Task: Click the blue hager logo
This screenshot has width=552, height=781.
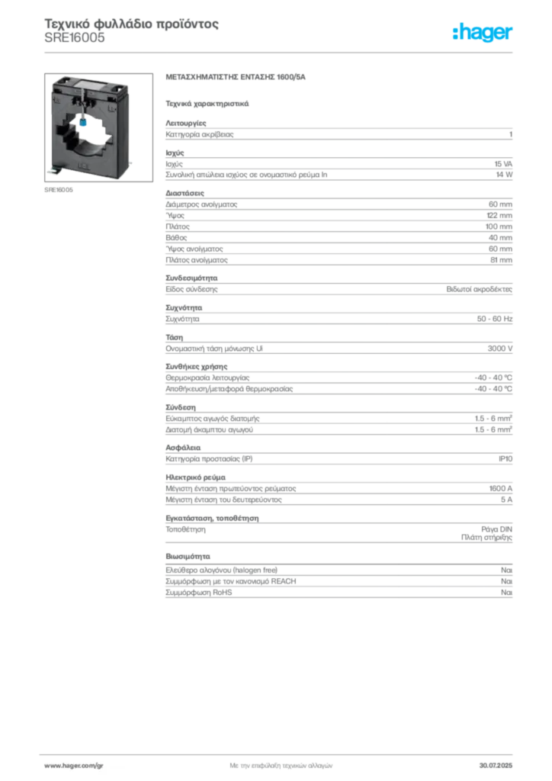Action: [x=483, y=34]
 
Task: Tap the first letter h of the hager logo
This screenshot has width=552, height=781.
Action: [x=457, y=34]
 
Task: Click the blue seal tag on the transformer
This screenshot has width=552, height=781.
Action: [x=82, y=121]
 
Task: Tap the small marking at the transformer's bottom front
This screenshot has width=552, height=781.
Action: [x=85, y=162]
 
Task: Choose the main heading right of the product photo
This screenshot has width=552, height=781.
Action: [x=237, y=78]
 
